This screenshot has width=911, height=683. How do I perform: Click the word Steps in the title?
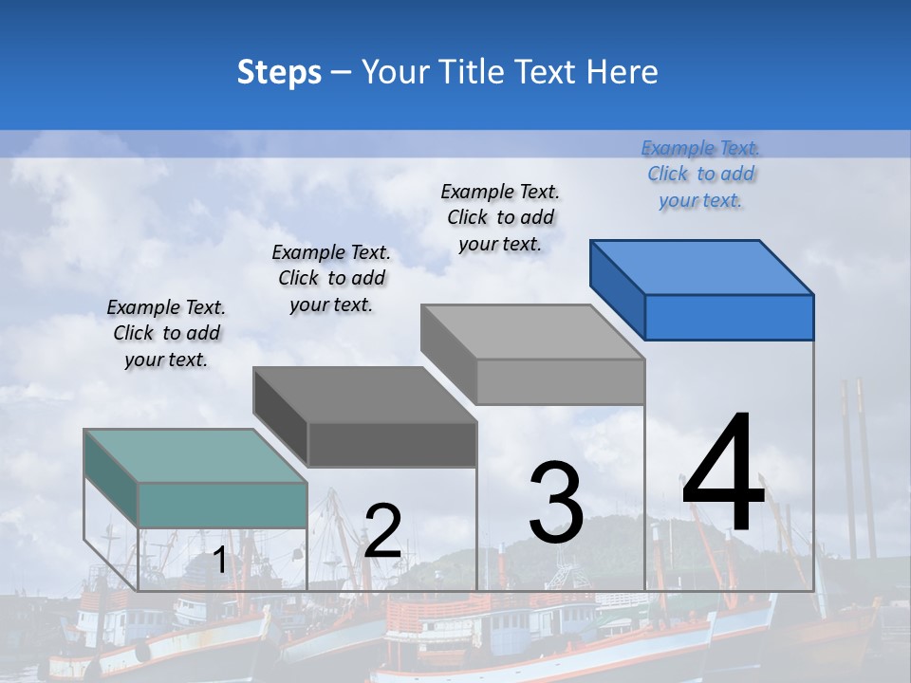279,73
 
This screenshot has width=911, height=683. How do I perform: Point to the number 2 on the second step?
382,530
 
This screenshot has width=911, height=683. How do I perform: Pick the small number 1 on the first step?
219,561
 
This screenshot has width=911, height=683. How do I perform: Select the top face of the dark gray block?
364,394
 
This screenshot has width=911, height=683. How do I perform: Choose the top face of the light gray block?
532,331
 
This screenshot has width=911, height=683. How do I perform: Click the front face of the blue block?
729,317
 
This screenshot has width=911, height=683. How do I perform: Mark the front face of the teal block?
222,505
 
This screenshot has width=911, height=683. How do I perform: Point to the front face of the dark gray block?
392,444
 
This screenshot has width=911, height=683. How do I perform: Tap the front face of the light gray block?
560,381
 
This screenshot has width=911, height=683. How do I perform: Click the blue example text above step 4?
700,174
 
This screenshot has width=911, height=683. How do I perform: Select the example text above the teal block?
166,333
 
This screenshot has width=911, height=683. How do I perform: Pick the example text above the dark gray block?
331,278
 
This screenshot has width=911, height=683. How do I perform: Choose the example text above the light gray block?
500,217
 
